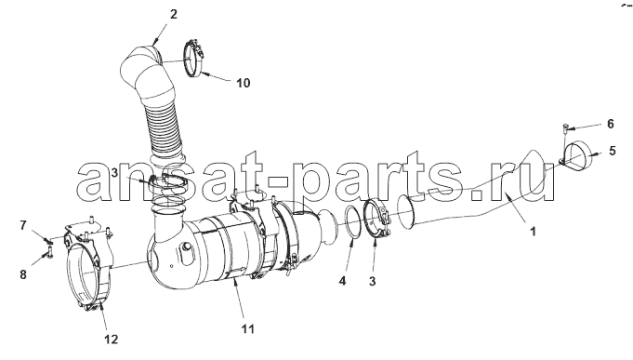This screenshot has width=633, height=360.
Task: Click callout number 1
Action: point(533,232)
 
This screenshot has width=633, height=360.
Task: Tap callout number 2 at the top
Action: point(173,14)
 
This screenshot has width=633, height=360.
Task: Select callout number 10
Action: point(243,83)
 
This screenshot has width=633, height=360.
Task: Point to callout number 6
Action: point(610,124)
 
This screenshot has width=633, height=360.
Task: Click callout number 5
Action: point(612,151)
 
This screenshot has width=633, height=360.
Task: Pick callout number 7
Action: point(23,225)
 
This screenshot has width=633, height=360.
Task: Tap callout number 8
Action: point(23,274)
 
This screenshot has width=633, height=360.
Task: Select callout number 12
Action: point(112,339)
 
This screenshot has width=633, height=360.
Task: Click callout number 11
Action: point(247,329)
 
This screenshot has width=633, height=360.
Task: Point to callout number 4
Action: point(342,280)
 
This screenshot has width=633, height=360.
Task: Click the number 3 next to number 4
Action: point(372,281)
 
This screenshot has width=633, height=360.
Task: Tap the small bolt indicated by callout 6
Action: point(565,130)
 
